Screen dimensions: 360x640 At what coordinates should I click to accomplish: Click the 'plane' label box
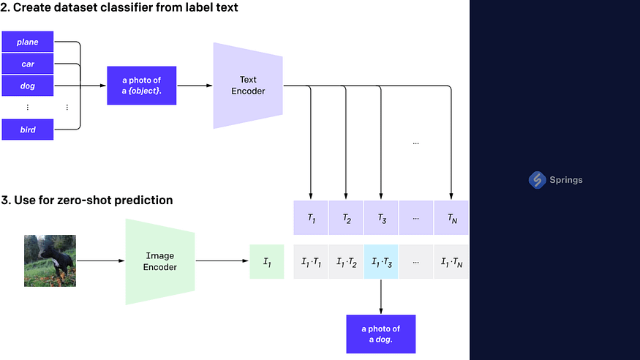(28, 42)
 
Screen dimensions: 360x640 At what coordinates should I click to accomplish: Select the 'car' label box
(28, 64)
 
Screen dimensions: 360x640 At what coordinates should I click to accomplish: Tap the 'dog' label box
(28, 86)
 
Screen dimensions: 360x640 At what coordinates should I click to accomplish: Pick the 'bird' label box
(28, 130)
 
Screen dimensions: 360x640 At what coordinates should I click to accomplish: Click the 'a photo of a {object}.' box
(143, 86)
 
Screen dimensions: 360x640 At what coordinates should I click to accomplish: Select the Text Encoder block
(249, 86)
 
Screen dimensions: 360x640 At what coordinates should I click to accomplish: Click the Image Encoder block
(161, 261)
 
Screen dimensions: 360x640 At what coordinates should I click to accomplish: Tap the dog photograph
(50, 260)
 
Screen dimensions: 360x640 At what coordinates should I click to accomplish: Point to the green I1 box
(267, 261)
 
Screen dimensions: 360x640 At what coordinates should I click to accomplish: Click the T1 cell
(311, 218)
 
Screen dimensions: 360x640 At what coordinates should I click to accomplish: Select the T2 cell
(346, 218)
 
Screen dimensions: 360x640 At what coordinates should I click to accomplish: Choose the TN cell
(451, 218)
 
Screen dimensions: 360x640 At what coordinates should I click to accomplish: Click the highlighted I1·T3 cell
(381, 261)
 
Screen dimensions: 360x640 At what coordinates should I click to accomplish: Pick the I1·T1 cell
(311, 261)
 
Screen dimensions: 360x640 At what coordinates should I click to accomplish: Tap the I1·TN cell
(451, 261)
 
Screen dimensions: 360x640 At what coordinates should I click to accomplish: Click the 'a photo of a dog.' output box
(381, 334)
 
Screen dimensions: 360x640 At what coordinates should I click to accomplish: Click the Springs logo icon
(538, 180)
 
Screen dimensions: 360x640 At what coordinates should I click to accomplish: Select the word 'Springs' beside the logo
(568, 180)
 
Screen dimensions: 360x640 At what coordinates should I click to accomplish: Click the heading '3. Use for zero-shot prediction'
(87, 200)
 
